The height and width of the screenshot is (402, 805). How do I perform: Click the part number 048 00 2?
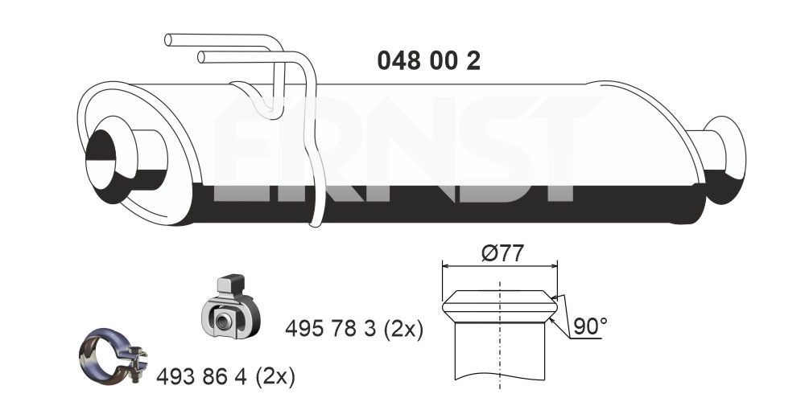(428, 61)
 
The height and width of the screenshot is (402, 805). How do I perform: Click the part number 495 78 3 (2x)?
(354, 329)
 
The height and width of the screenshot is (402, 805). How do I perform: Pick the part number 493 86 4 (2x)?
(226, 375)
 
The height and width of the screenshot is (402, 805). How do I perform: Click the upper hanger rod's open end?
(169, 39)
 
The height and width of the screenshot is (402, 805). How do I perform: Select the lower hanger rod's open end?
(201, 56)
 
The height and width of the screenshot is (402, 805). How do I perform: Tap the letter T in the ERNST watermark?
(555, 153)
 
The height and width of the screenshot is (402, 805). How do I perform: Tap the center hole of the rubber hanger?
(225, 322)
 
